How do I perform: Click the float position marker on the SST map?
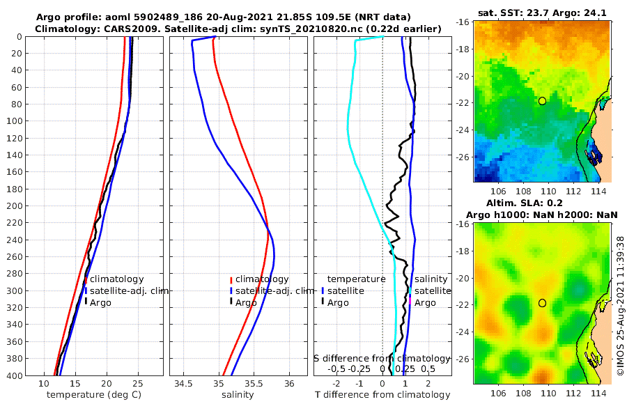click(542, 101)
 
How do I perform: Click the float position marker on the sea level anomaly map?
click(542, 303)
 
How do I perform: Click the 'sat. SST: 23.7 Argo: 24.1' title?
click(542, 13)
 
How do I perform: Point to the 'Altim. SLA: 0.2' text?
click(542, 201)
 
